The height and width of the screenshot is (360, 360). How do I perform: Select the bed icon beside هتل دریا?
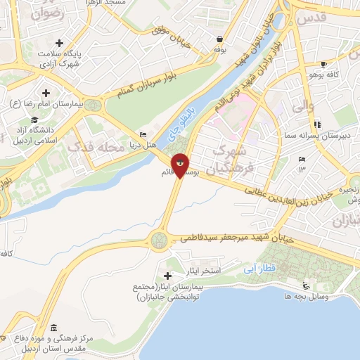144,134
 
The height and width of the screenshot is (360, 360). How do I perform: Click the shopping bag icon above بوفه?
221,39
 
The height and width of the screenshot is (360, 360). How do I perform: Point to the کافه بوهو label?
326,74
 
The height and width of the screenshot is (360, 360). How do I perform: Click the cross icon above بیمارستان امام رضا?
46,92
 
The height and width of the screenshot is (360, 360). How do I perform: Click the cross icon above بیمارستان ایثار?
167,274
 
